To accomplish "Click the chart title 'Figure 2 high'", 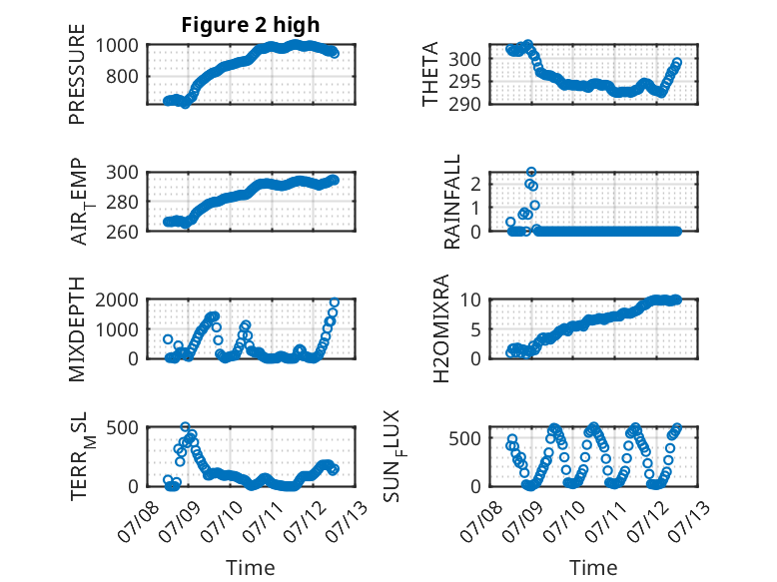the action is [x=251, y=25].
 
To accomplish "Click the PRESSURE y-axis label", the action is [x=77, y=74].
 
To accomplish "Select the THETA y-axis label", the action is [x=430, y=74].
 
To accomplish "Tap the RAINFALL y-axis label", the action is [x=452, y=202].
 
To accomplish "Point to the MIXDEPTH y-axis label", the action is [x=77, y=329].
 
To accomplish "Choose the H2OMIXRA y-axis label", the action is [x=440, y=328].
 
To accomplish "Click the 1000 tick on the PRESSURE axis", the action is [x=117, y=46].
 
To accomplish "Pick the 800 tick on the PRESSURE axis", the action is [x=123, y=77].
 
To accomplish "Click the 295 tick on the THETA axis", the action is [x=464, y=82].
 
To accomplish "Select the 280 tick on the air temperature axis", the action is [x=123, y=202].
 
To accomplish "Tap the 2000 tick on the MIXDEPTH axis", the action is [x=117, y=299].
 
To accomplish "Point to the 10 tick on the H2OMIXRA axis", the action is [x=470, y=299].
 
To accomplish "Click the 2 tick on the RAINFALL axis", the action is [x=476, y=185].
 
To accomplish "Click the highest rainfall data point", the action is [x=531, y=172].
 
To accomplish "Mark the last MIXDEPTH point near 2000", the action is [x=335, y=302].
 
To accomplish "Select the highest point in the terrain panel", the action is [x=185, y=427].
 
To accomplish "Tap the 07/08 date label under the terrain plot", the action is [x=138, y=521].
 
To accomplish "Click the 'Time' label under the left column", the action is [x=251, y=568].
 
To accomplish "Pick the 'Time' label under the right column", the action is [x=593, y=568].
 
